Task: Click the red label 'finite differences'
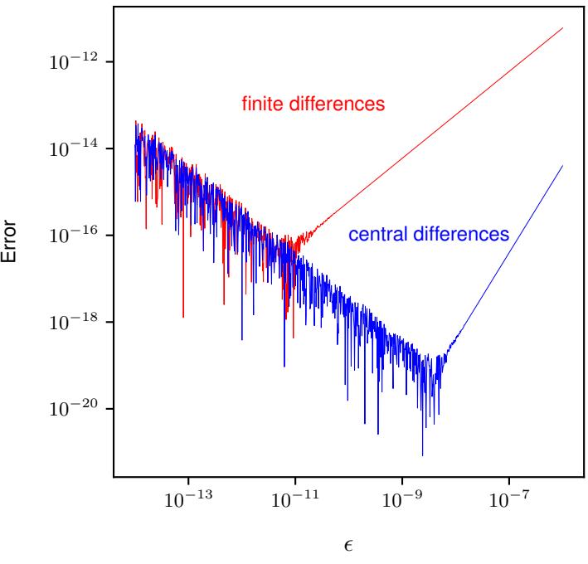(x=315, y=105)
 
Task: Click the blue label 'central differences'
(x=428, y=235)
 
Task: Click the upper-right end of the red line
(x=563, y=28)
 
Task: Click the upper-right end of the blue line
(x=563, y=165)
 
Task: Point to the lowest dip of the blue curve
(x=423, y=455)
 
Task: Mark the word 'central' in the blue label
(x=374, y=235)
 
